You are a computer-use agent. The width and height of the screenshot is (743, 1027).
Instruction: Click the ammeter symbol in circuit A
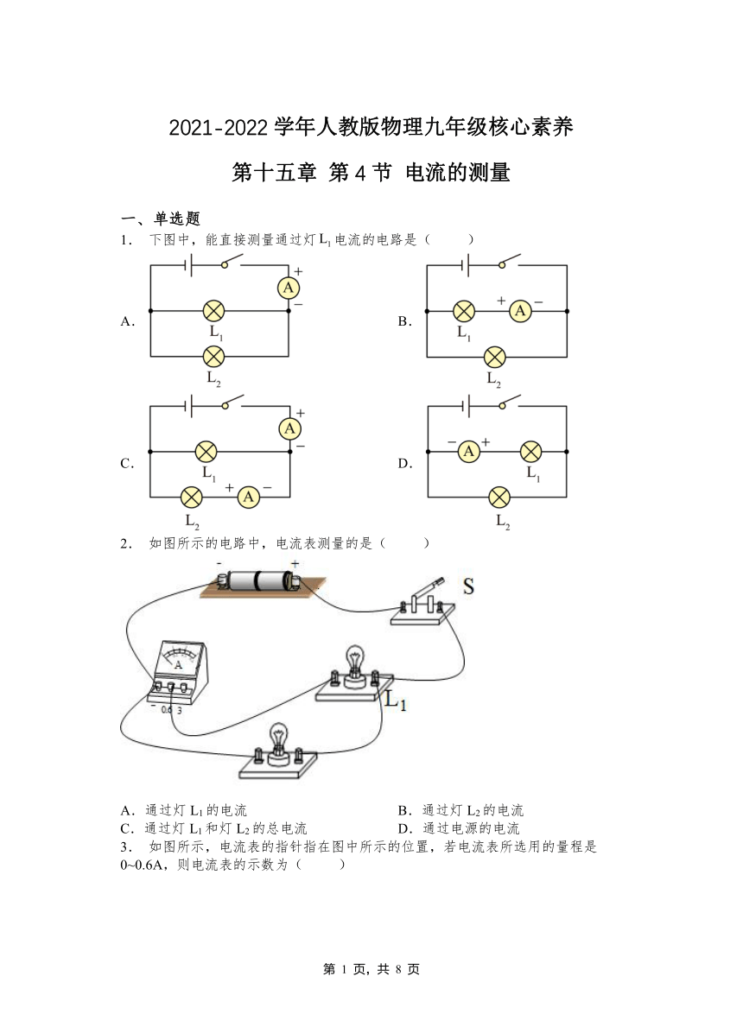[x=289, y=288]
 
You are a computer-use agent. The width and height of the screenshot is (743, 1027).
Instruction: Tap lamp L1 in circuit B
[x=465, y=311]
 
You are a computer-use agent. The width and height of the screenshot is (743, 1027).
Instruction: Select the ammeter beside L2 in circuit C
[x=248, y=498]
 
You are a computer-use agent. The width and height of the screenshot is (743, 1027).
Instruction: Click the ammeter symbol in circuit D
[x=468, y=451]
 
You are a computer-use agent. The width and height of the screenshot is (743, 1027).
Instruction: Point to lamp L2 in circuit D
[x=499, y=498]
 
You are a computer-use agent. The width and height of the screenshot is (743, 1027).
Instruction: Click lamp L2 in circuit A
[x=213, y=357]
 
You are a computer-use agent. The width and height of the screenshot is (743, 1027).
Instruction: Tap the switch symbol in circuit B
[x=508, y=262]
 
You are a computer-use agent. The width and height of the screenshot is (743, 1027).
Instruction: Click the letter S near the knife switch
[x=468, y=586]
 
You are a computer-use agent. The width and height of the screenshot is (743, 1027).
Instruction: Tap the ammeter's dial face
[x=178, y=657]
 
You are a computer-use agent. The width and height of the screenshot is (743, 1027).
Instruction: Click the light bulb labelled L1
[x=354, y=667]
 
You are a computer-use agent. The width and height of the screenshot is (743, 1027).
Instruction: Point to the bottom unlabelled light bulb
[x=279, y=744]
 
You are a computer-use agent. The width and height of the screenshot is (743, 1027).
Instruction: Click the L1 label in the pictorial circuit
[x=396, y=701]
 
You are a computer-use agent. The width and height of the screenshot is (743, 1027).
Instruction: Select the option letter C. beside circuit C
[x=127, y=464]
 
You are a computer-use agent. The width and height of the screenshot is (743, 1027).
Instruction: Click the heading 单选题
[x=177, y=219]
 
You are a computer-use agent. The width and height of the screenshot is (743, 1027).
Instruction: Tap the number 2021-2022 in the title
[x=219, y=127]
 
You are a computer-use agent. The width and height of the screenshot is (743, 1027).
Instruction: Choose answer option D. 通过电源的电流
[x=459, y=828]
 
